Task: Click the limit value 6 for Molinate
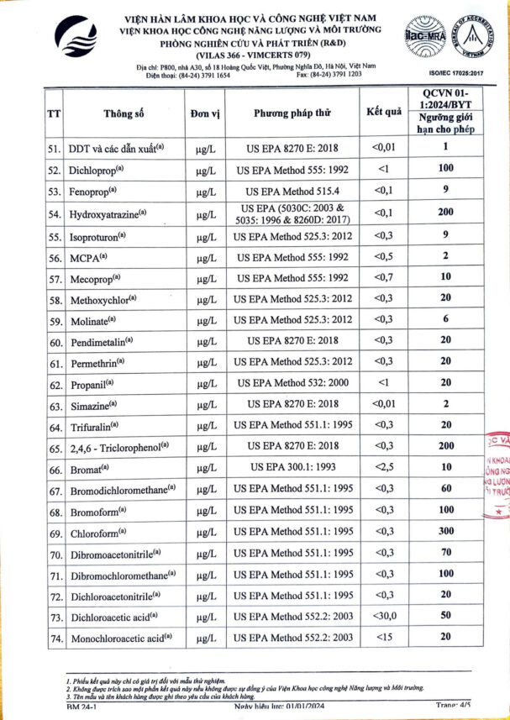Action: pyautogui.click(x=446, y=319)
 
